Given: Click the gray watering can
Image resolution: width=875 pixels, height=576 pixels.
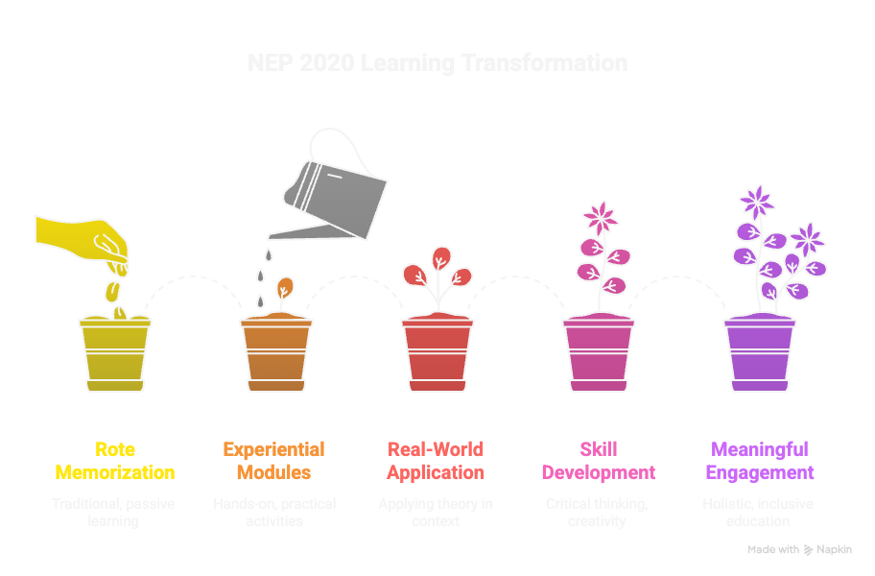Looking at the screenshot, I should (x=336, y=192).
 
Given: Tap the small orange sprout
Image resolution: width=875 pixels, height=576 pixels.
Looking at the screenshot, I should (x=284, y=286).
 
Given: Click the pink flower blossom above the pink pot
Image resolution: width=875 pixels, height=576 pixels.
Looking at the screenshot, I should (x=601, y=217).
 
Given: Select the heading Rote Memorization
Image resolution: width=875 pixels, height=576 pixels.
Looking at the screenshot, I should (x=115, y=461).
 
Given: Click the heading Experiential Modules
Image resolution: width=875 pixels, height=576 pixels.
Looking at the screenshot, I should (x=274, y=461).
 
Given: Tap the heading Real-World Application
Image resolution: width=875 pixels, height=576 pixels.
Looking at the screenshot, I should (x=436, y=461).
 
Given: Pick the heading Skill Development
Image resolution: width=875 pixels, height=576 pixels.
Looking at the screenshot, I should (x=599, y=461).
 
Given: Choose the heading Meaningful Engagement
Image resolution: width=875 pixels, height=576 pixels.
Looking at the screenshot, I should (x=760, y=461).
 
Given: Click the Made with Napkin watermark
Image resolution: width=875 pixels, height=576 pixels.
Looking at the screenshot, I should (x=798, y=550).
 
